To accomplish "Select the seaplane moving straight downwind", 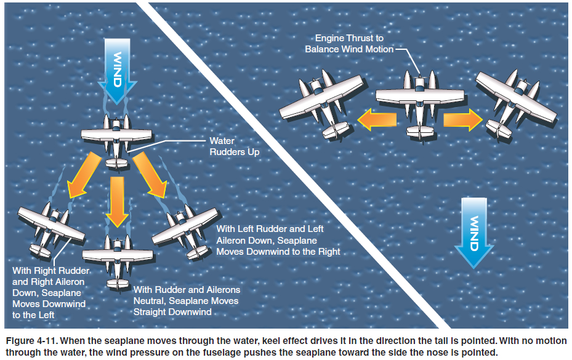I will click(x=117, y=258).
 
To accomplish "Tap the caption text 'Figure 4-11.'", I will click(x=30, y=340).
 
